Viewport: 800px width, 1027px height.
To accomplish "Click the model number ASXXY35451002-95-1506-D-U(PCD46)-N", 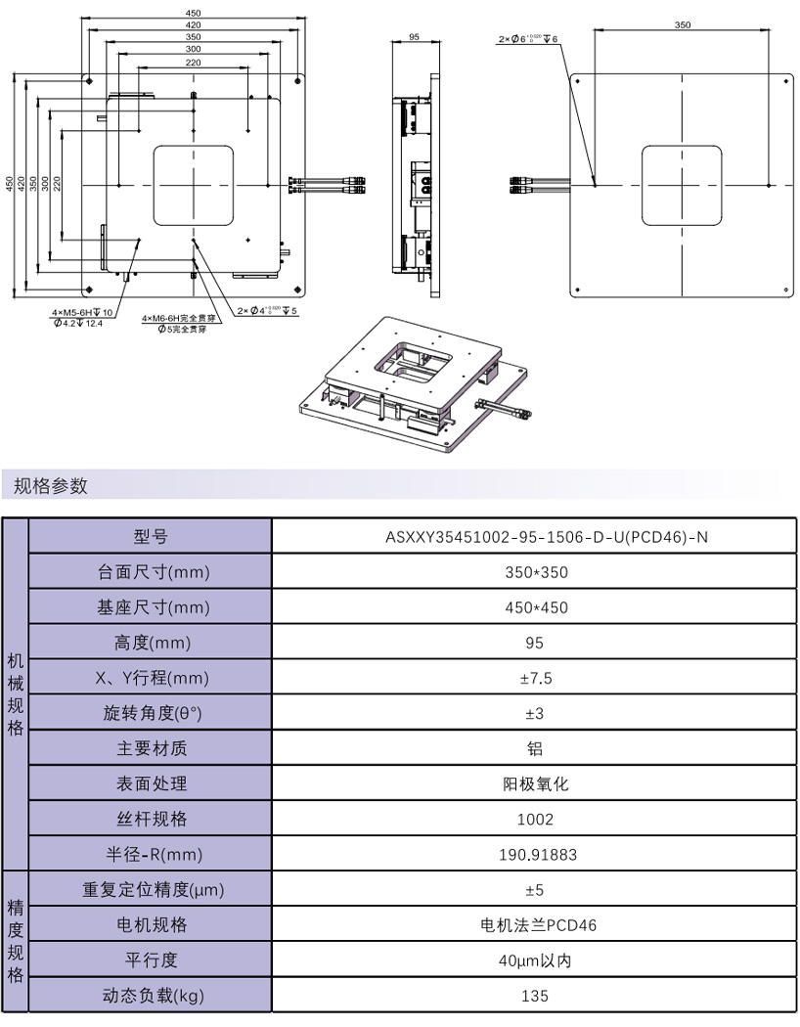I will [x=533, y=536].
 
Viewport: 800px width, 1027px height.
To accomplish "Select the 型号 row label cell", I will [x=150, y=536].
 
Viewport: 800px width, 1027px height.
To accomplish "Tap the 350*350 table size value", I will [x=533, y=572].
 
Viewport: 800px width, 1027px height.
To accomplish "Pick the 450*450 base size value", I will [x=533, y=607].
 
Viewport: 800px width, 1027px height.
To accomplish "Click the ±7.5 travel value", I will [x=533, y=678].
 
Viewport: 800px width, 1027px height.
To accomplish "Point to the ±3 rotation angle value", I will [x=533, y=713].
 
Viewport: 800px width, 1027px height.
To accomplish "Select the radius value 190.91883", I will [x=533, y=855].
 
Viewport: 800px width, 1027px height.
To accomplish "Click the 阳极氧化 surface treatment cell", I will [x=533, y=783].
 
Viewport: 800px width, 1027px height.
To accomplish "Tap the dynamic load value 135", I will [x=533, y=996].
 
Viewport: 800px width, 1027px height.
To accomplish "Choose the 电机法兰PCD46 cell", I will [x=533, y=925].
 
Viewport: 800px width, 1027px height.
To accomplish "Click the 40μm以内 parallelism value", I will [x=533, y=960].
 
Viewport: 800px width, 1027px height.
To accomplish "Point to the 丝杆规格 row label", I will [x=150, y=820].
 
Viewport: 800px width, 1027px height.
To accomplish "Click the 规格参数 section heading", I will [x=51, y=485].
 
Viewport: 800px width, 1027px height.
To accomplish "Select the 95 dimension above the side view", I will [x=413, y=36].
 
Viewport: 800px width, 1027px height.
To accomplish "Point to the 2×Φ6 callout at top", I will [x=528, y=39].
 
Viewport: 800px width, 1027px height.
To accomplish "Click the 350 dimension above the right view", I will [x=682, y=24].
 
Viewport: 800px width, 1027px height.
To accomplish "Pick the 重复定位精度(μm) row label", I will [x=150, y=890].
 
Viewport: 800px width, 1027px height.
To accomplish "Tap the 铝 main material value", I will [x=533, y=748].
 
